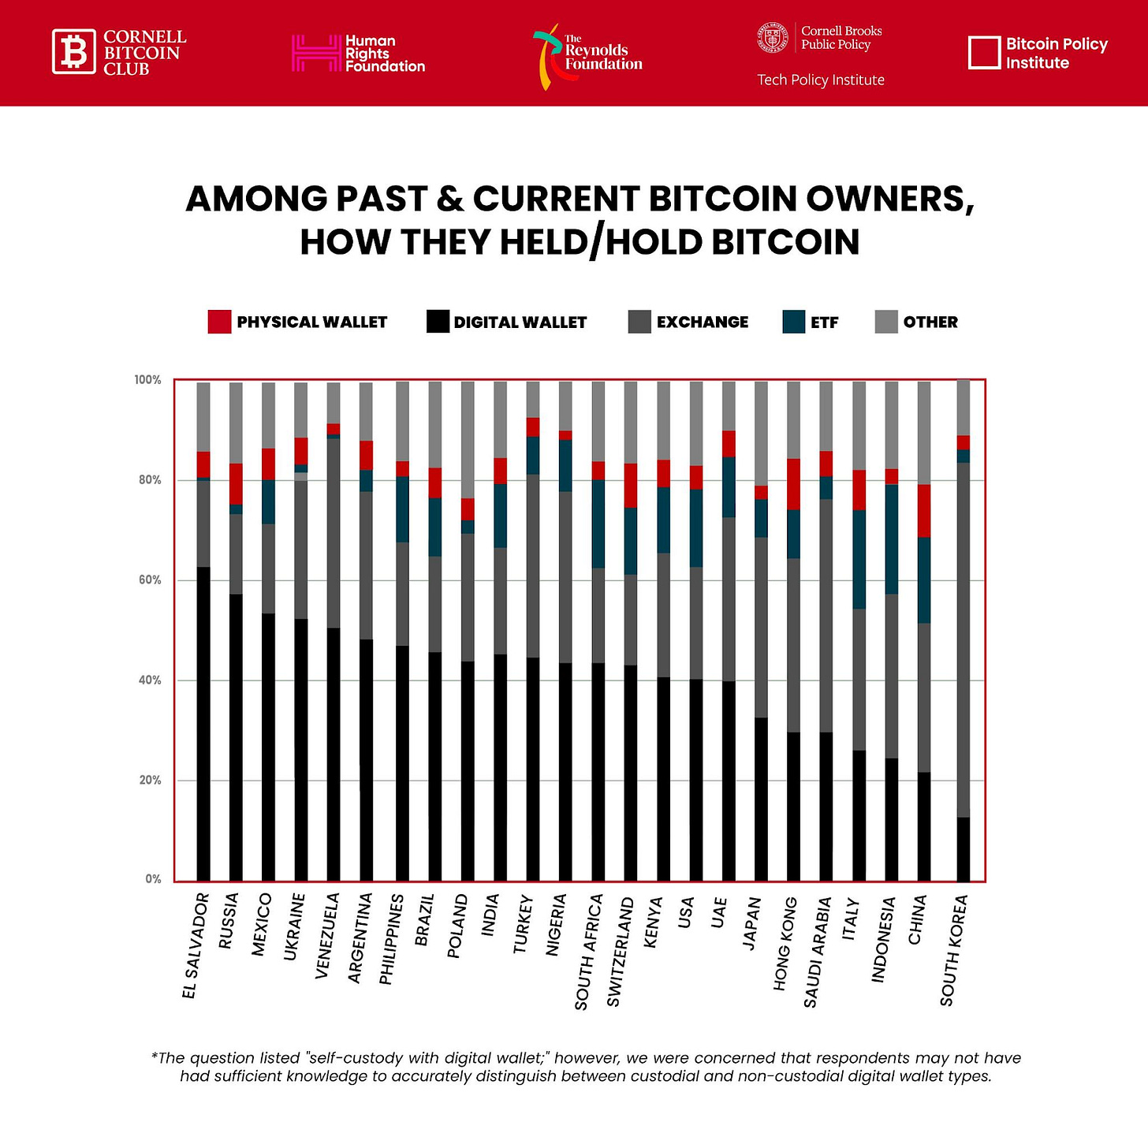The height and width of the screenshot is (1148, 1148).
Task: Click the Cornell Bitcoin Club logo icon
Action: pos(74,52)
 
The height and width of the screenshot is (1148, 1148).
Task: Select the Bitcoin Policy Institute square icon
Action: pos(983,53)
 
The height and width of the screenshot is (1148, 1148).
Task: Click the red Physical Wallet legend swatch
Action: pos(219,322)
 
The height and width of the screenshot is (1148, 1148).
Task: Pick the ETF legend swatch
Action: pos(793,322)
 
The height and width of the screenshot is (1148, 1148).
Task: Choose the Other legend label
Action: pos(930,322)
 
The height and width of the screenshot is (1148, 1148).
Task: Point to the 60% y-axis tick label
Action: pos(147,580)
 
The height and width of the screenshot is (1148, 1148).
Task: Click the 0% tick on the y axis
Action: pos(153,879)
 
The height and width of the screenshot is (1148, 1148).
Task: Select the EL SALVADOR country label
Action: pos(195,945)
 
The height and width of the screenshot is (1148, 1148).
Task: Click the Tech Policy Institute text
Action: pos(820,80)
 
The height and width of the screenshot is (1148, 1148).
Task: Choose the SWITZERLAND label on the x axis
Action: pos(620,952)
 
